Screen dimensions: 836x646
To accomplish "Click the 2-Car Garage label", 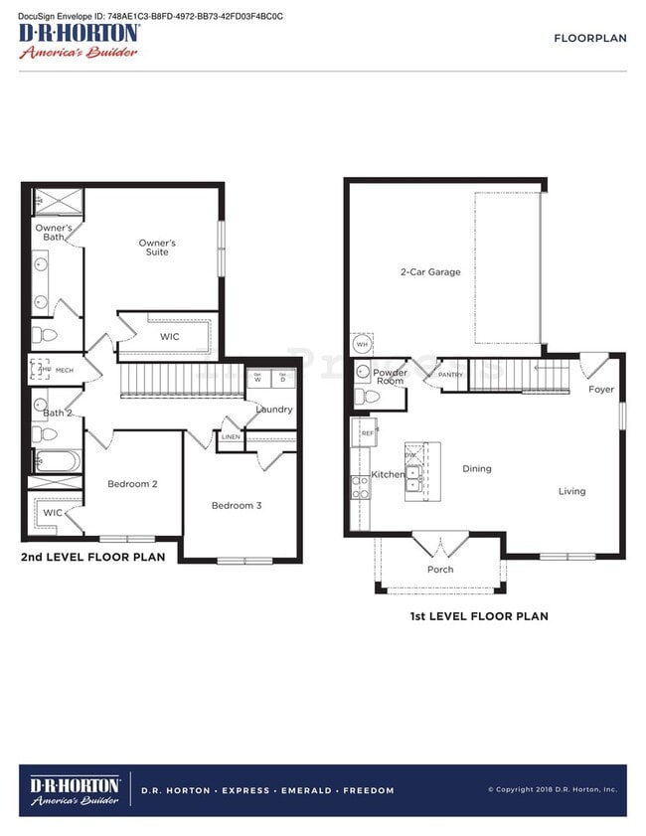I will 430,271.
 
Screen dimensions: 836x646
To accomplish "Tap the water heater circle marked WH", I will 362,344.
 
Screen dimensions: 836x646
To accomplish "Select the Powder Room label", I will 390,377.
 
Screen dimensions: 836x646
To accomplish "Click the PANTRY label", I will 450,375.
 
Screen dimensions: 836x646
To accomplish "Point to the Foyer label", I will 601,390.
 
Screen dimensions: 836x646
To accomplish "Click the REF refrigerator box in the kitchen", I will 367,433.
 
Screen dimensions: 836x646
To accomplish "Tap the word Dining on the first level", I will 477,469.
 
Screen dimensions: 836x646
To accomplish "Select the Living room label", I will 571,491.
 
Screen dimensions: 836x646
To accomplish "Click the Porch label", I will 440,570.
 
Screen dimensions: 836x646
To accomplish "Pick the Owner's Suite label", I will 157,248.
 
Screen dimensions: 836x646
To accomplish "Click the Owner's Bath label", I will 54,233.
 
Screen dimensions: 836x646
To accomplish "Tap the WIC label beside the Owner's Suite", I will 170,337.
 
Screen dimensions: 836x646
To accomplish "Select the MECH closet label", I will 65,370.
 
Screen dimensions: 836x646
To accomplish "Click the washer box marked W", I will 257,378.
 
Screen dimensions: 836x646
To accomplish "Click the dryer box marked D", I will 282,378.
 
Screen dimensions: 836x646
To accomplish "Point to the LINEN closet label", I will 231,436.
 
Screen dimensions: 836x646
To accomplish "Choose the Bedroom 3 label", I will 237,505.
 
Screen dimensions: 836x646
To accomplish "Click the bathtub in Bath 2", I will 55,461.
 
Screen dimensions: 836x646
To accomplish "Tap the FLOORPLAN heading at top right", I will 589,38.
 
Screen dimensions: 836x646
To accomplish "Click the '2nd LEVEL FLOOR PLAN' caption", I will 92,558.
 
